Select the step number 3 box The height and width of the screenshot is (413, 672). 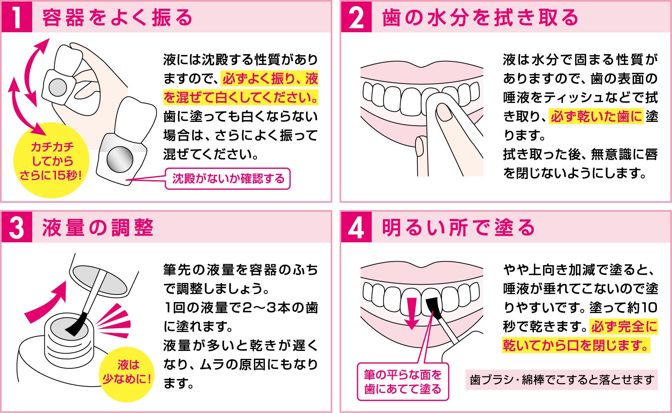coord(17,227)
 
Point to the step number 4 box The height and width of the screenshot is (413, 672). coord(356,227)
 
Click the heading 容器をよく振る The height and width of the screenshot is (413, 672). coord(118,17)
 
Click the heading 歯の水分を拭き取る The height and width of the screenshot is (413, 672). coord(480,17)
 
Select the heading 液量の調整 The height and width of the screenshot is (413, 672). coord(98,228)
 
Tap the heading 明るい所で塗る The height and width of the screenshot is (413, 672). coord(458,228)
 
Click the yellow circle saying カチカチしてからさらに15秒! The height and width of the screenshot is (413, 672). coord(51,161)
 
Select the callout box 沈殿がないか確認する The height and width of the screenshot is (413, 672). coord(228,178)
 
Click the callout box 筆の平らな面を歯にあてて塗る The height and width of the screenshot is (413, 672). coord(403,382)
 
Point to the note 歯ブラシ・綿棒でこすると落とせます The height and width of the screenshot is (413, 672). coord(562,380)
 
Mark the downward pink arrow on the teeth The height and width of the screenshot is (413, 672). coord(412,313)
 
